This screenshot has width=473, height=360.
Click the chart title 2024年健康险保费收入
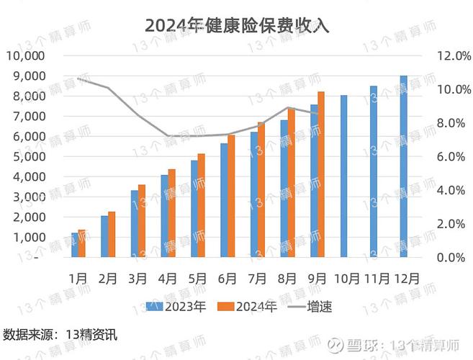236,24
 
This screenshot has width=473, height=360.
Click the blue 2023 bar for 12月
403,166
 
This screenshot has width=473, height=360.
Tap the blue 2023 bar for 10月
343,176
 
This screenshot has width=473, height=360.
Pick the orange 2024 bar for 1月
81,243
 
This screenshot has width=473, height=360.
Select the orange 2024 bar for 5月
202,205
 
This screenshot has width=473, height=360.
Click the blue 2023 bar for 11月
373,171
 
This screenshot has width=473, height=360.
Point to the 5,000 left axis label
28,156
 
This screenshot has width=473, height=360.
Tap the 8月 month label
287,277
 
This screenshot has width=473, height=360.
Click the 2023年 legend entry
176,306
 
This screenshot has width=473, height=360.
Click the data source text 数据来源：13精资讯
59,335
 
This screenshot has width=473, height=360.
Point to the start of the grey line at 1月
78,78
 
